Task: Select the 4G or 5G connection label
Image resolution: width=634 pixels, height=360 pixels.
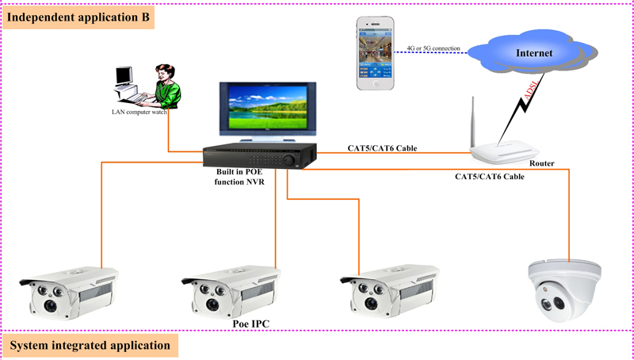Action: pos(433,48)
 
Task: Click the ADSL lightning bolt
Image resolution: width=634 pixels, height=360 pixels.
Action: pos(533,99)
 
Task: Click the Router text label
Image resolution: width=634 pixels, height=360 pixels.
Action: pos(542,164)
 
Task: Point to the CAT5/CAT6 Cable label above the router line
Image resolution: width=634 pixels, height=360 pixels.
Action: pos(382,148)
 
